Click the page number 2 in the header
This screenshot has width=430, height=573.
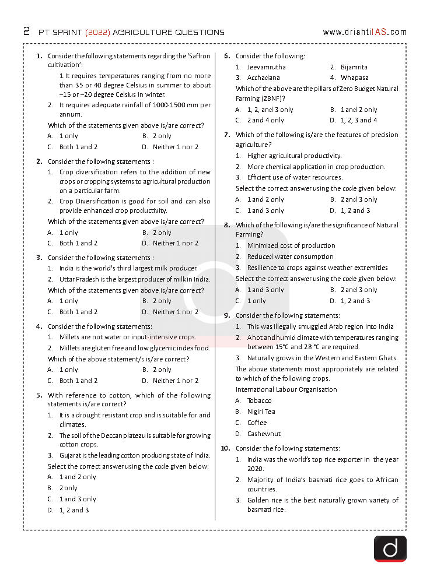click(26, 31)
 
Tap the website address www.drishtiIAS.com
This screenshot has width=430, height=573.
click(364, 32)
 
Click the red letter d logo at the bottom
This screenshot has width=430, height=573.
click(390, 549)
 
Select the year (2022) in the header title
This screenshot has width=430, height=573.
click(98, 32)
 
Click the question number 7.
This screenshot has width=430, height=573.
click(227, 135)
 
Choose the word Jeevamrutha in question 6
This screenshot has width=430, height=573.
click(266, 67)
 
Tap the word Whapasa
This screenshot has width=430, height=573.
click(354, 78)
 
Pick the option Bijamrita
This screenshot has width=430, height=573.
click(354, 67)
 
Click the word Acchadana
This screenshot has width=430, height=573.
click(263, 78)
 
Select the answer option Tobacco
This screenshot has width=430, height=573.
click(259, 400)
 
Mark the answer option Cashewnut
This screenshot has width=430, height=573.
click(264, 434)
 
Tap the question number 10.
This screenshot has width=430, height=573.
click(225, 448)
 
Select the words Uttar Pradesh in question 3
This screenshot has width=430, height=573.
click(79, 279)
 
